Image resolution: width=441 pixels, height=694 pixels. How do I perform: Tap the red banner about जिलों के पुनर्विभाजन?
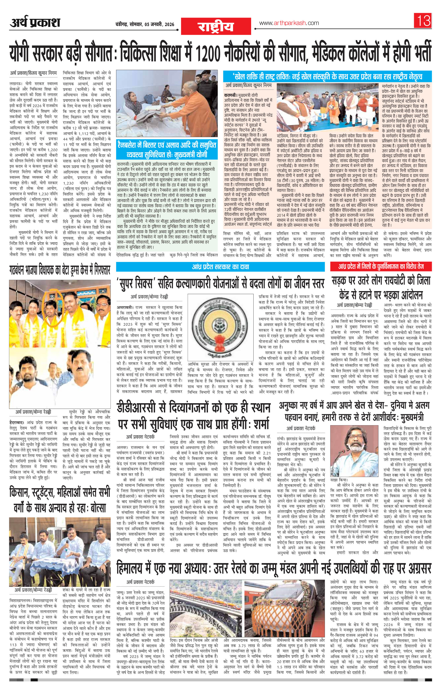coord(381,266)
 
